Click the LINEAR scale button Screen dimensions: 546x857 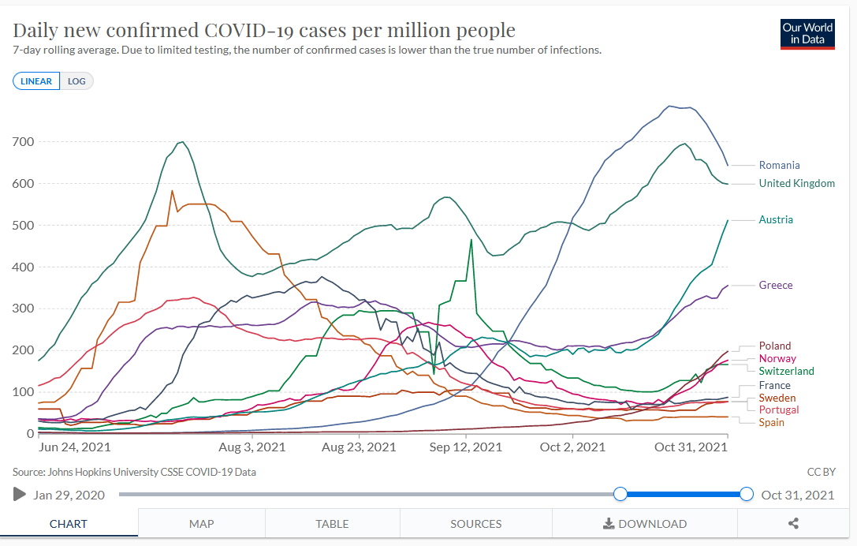[36, 81]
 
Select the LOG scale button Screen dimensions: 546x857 [76, 81]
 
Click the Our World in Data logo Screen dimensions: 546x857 [807, 33]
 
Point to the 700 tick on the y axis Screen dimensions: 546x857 [23, 141]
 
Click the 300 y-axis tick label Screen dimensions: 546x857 [23, 309]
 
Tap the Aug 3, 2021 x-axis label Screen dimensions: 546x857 [252, 447]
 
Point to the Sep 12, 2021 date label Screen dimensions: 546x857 [460, 447]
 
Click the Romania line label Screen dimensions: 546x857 [779, 165]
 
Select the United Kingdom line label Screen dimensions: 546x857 [796, 183]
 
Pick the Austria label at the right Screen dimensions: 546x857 [776, 219]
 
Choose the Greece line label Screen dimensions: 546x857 [776, 285]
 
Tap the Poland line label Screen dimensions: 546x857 [775, 346]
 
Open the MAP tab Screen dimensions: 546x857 [202, 524]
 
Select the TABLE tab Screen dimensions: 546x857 [332, 524]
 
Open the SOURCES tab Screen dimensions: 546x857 [476, 524]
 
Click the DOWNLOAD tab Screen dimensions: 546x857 [644, 524]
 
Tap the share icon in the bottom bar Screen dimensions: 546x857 [793, 524]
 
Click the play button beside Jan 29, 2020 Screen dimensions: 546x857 [20, 495]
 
